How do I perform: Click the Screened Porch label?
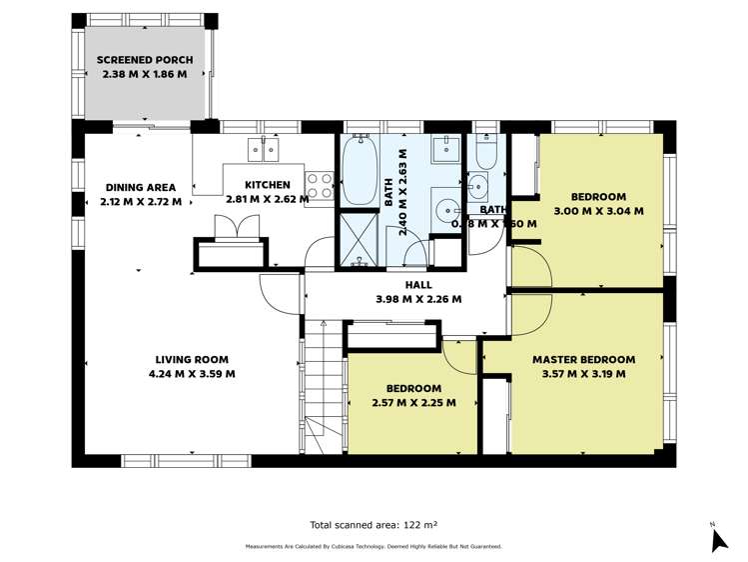[145, 60]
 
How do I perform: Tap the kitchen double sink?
[263, 150]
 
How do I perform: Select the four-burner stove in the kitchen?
[319, 184]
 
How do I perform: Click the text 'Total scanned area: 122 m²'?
[374, 524]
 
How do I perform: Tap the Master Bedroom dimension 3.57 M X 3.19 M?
[583, 374]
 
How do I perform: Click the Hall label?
[417, 284]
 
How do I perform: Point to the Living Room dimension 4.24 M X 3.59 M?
[191, 374]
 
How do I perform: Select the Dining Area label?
[141, 187]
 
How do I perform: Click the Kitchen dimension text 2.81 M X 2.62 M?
[268, 199]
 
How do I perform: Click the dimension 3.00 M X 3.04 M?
[598, 211]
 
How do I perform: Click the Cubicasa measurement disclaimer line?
[374, 546]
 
